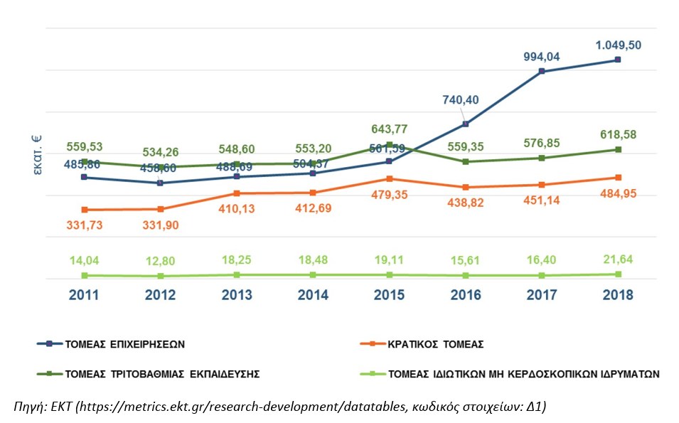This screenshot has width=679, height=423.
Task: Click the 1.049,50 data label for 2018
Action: pyautogui.click(x=618, y=44)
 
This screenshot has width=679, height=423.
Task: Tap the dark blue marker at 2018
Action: pyautogui.click(x=618, y=60)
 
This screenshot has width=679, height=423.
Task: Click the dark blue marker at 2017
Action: pyautogui.click(x=542, y=71)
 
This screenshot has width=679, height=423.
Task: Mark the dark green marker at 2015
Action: pyautogui.click(x=390, y=145)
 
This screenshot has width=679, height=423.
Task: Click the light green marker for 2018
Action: pyautogui.click(x=618, y=274)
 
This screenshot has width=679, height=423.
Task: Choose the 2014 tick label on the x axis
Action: pyautogui.click(x=313, y=295)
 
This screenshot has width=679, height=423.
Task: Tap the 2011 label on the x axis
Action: pyautogui.click(x=85, y=295)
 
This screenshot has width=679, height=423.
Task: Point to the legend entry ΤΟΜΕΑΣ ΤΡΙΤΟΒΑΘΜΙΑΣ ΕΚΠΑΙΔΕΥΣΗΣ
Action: pyautogui.click(x=161, y=373)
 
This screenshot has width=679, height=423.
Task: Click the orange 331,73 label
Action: pyautogui.click(x=84, y=225)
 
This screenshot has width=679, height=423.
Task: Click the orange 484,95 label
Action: pyautogui.click(x=618, y=193)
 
